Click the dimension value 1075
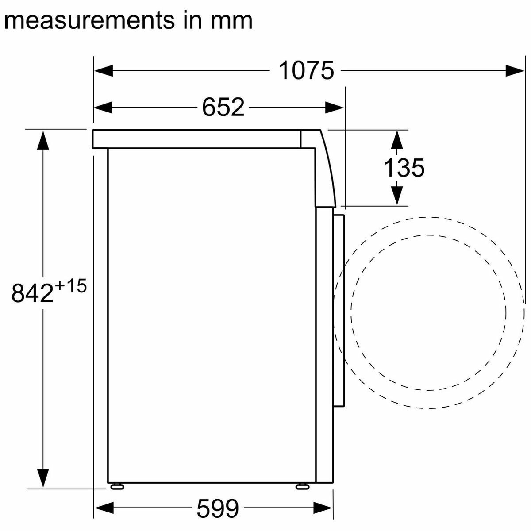point(306,70)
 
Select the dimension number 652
point(223,107)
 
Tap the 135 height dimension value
point(404,168)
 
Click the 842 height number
point(32,293)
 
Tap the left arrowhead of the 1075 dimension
point(104,71)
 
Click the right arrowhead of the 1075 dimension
point(515,71)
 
